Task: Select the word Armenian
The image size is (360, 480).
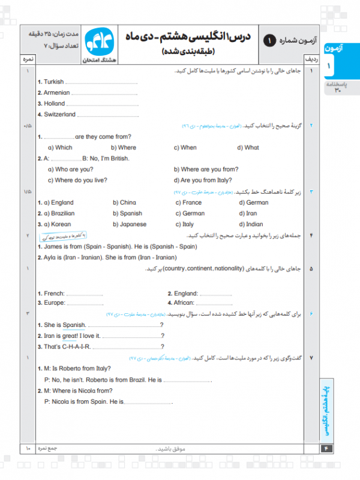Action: pyautogui.click(x=56, y=93)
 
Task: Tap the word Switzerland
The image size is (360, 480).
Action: pyautogui.click(x=59, y=114)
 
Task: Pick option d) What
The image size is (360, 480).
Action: pyautogui.click(x=248, y=148)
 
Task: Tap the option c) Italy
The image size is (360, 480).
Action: pyautogui.click(x=185, y=224)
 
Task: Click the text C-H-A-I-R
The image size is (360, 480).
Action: pyautogui.click(x=75, y=347)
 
